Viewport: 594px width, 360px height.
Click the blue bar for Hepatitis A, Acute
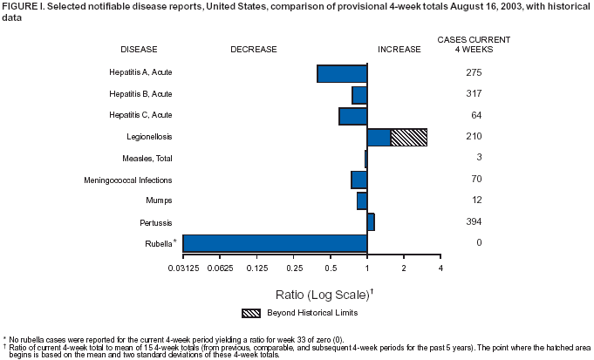[342, 74]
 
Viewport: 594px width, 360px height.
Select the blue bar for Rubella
[275, 243]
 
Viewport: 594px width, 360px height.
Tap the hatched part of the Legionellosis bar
[408, 138]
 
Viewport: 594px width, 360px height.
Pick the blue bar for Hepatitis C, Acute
[352, 116]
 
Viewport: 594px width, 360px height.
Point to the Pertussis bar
[371, 222]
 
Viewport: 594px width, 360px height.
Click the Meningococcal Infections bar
[358, 180]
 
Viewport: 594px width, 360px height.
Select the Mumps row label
[159, 200]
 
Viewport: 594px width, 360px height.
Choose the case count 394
[474, 222]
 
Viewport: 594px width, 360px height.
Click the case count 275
[474, 72]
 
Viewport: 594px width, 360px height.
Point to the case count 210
[474, 137]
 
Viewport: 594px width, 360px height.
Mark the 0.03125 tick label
[182, 267]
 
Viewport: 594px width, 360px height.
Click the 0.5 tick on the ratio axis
[331, 267]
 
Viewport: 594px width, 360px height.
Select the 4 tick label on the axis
[440, 267]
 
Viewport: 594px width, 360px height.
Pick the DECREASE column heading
[253, 50]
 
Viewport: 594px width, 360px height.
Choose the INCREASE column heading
[399, 50]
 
